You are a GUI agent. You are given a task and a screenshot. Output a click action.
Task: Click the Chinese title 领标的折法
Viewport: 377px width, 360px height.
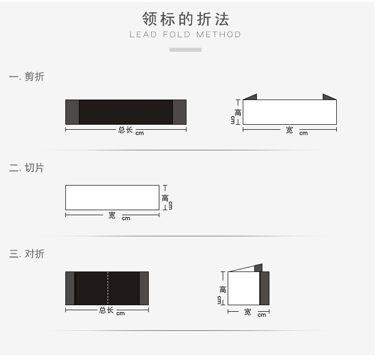pos(185,19)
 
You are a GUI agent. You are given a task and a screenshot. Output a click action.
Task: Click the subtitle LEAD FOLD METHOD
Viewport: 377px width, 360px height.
pos(185,35)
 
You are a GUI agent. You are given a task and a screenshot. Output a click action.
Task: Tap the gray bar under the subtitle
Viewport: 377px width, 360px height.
pos(185,50)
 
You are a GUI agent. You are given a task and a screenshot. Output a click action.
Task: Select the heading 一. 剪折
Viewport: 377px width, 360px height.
pos(27,77)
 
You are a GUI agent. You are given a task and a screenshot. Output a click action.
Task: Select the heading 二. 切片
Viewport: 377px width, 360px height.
pos(27,168)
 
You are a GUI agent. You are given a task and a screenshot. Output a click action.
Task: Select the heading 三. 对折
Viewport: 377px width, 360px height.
pos(27,254)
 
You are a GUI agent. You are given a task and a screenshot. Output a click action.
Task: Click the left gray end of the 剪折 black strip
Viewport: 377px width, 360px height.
pos(72,112)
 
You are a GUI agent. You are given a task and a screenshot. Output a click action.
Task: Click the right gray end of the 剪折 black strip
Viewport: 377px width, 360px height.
pos(179,112)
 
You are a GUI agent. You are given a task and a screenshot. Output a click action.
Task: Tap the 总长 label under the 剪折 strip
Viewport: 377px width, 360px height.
pos(126,130)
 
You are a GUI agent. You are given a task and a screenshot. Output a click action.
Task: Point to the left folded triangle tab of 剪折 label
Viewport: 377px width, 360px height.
pos(252,97)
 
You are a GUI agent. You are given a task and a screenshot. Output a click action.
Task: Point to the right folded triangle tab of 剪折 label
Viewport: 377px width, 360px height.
pos(328,97)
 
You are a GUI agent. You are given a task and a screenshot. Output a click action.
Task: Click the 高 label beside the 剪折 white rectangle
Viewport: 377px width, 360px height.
pos(238,113)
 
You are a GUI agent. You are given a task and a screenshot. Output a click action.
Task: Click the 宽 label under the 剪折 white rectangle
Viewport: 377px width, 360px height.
pos(290,130)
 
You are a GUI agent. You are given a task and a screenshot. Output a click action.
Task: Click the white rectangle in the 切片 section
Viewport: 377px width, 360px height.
pos(112,198)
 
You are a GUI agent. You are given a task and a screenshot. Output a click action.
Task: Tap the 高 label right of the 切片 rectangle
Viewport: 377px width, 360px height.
pos(165,198)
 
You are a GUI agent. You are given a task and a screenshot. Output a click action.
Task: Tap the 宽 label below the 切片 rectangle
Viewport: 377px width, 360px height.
pos(112,215)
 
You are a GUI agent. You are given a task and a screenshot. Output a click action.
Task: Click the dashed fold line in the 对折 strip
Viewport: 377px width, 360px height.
pos(108,288)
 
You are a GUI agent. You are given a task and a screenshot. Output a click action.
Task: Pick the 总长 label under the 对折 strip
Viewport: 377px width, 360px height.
pos(106,310)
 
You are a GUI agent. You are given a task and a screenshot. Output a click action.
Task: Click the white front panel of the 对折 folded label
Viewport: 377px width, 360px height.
pos(244,288)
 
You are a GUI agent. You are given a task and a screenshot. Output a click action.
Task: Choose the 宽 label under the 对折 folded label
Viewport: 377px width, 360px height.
pos(247,312)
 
